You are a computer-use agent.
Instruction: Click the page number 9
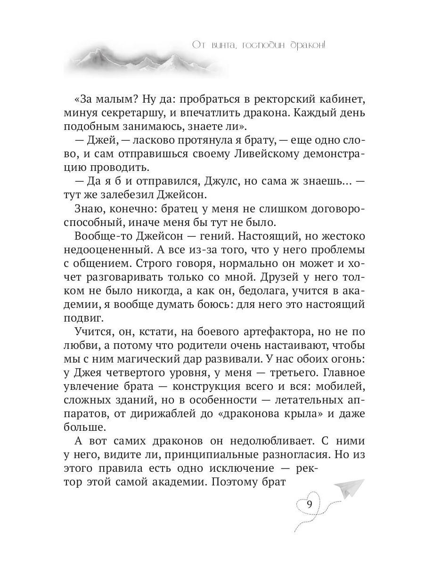pos(309,504)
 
